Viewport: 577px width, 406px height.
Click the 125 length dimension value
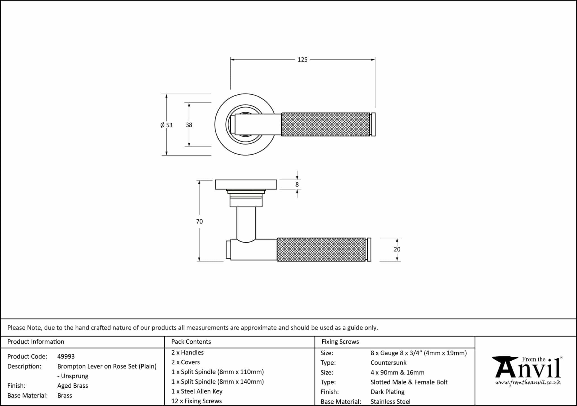pos(302,60)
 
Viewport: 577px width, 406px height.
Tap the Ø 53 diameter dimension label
pos(166,125)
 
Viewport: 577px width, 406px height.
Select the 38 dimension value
pos(189,125)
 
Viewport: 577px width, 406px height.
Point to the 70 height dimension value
pos(199,221)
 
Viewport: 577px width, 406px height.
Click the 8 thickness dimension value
pos(297,185)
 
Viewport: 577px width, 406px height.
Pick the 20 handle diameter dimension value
pos(397,249)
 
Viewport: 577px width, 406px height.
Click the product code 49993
pos(66,356)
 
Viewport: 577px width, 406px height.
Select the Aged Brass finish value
pos(73,386)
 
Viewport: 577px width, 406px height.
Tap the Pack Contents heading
pos(191,342)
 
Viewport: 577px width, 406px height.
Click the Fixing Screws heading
pos(340,342)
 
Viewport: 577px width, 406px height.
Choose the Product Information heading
pos(36,342)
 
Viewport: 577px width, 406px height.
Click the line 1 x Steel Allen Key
pos(197,391)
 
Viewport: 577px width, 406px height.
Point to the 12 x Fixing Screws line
pos(196,401)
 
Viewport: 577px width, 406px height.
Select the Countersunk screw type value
pos(388,363)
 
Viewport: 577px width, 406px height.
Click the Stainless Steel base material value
pos(390,401)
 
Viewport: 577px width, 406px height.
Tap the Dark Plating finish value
pos(387,392)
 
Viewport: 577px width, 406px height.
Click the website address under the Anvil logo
pos(528,382)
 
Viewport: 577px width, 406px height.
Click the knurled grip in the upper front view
pos(325,125)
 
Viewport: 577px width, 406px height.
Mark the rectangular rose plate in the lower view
pos(246,185)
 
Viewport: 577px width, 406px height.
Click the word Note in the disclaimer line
pos(34,328)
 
